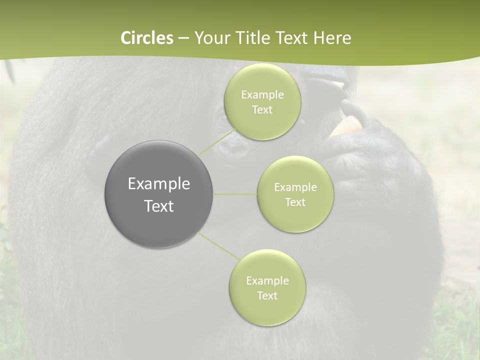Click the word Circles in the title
click(147, 38)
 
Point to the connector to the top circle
click(216, 141)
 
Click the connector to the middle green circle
click(235, 194)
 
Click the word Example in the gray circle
click(159, 184)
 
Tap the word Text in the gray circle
click(159, 206)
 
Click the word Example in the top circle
click(262, 95)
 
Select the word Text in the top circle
click(262, 110)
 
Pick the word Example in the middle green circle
click(295, 187)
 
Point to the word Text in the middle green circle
click(295, 202)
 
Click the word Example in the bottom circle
click(267, 281)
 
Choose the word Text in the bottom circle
click(267, 296)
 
